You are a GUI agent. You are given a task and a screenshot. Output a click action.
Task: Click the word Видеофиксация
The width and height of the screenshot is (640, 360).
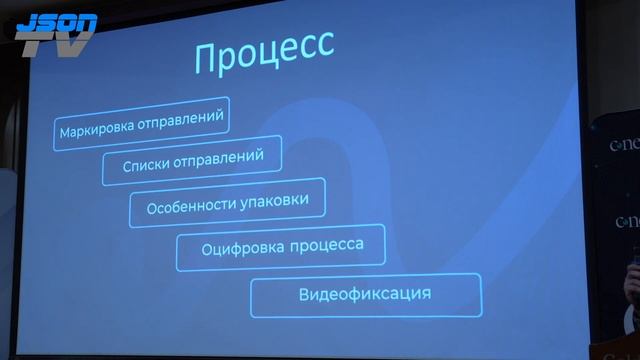[x=365, y=295]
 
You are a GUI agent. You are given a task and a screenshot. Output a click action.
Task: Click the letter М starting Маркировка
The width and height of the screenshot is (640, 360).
[x=65, y=130]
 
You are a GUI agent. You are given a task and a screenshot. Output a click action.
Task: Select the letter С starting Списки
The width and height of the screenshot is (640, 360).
[x=126, y=163]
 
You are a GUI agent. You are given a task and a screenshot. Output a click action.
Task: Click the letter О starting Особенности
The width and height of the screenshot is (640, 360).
[x=153, y=208]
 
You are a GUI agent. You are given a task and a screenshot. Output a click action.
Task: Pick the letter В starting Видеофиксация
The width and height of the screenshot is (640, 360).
[x=304, y=296]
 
